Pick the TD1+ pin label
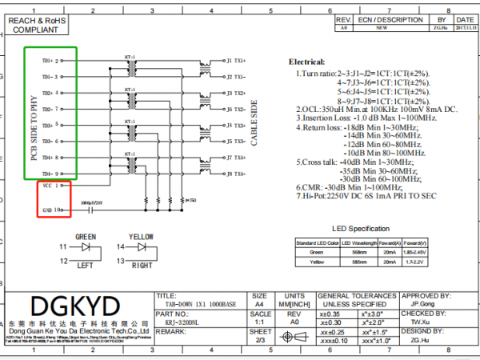[46, 60]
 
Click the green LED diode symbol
[86, 248]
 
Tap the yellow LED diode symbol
[142, 248]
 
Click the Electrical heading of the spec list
[308, 61]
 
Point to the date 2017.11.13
[464, 26]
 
